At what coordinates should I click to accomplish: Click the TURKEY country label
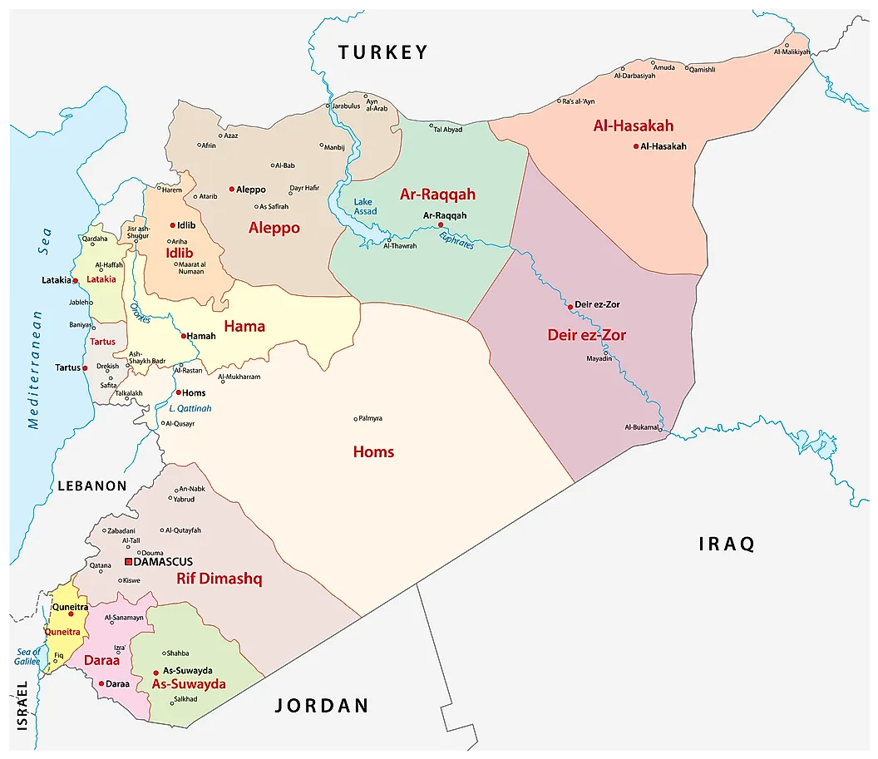pyautogui.click(x=382, y=52)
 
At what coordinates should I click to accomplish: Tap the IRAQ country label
pyautogui.click(x=726, y=545)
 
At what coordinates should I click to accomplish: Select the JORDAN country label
pyautogui.click(x=321, y=706)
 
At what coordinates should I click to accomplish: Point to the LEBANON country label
pyautogui.click(x=91, y=486)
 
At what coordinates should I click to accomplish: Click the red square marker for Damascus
pyautogui.click(x=128, y=562)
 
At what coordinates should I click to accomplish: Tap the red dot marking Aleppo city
pyautogui.click(x=232, y=189)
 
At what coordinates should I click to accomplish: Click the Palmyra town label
pyautogui.click(x=370, y=418)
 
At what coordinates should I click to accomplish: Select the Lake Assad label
pyautogui.click(x=364, y=206)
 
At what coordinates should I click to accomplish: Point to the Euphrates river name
pyautogui.click(x=456, y=239)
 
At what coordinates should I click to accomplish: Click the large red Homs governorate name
pyautogui.click(x=373, y=452)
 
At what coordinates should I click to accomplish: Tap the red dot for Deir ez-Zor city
pyautogui.click(x=570, y=306)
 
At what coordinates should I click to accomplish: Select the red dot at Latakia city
pyautogui.click(x=75, y=280)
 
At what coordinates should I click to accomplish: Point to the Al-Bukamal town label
pyautogui.click(x=641, y=427)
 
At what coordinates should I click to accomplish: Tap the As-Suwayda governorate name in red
pyautogui.click(x=189, y=684)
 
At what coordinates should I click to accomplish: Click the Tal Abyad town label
pyautogui.click(x=447, y=129)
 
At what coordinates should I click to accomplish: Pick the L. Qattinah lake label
pyautogui.click(x=190, y=408)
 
